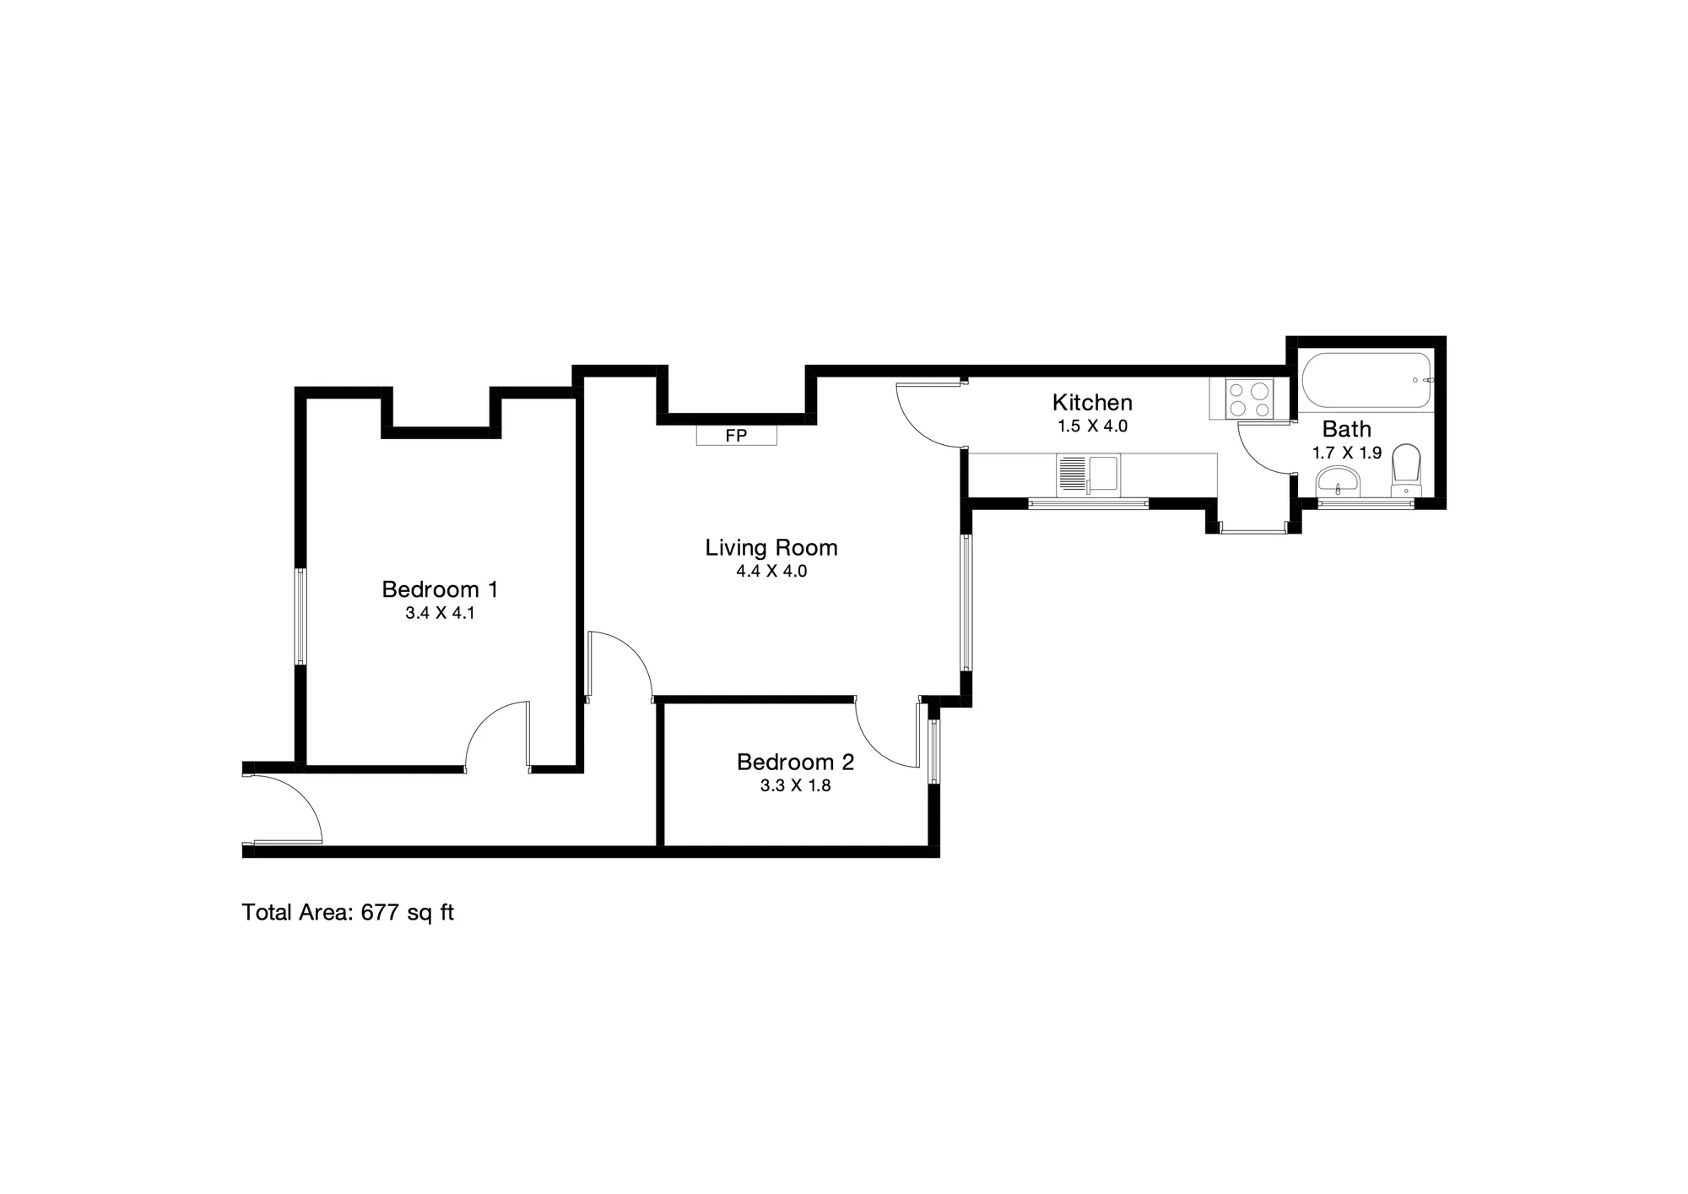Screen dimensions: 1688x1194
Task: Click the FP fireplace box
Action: pos(736,436)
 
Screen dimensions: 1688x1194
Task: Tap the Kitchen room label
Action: pos(1092,402)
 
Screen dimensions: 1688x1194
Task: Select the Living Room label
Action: pos(771,547)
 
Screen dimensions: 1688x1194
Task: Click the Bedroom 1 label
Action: pos(440,589)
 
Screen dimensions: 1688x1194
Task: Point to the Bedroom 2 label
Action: pos(795,762)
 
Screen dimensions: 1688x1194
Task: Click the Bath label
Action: pos(1346,429)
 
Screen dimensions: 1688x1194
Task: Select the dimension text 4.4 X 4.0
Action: pos(771,572)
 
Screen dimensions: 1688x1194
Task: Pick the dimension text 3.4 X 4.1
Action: pos(440,614)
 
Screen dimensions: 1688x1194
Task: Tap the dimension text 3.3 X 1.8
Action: pos(795,787)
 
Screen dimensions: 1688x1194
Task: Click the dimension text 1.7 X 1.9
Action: pos(1346,453)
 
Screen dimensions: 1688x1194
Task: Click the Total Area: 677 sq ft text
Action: pos(348,913)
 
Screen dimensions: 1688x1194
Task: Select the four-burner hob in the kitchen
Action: pos(1249,399)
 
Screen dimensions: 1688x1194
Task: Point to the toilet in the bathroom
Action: pos(1406,470)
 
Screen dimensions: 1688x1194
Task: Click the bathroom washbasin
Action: pos(1339,481)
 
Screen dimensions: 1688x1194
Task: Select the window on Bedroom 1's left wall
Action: pos(300,616)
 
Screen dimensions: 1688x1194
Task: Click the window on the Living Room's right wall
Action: pos(966,602)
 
